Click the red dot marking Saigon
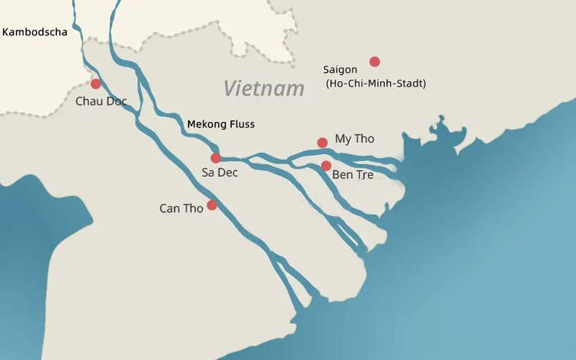pyautogui.click(x=375, y=61)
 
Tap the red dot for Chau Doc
pyautogui.click(x=96, y=84)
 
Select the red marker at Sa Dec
pyautogui.click(x=216, y=158)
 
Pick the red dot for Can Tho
pyautogui.click(x=212, y=205)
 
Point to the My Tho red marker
pyautogui.click(x=323, y=142)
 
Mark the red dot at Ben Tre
pyautogui.click(x=326, y=166)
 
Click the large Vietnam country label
pyautogui.click(x=264, y=88)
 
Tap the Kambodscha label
pyautogui.click(x=35, y=32)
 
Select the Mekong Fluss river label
pyautogui.click(x=220, y=124)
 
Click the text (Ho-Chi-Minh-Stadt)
pyautogui.click(x=376, y=83)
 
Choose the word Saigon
pyautogui.click(x=340, y=69)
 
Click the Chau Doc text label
pyautogui.click(x=101, y=101)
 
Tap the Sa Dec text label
pyautogui.click(x=220, y=173)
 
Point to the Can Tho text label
pyautogui.click(x=180, y=208)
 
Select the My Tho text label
pyautogui.click(x=355, y=139)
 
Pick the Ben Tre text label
pyautogui.click(x=353, y=175)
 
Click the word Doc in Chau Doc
pyautogui.click(x=116, y=101)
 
